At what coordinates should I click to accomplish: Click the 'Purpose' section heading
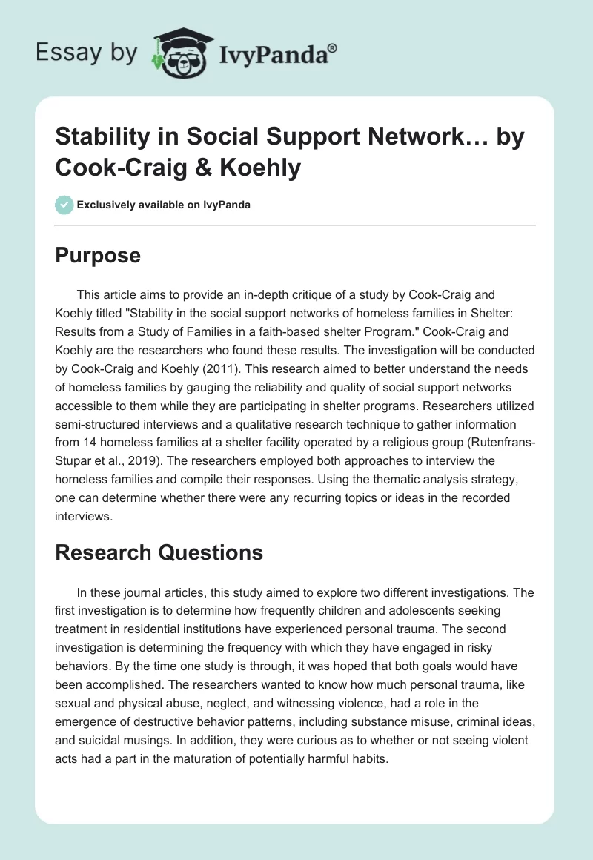click(x=97, y=255)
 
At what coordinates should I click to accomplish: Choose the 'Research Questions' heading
click(x=159, y=552)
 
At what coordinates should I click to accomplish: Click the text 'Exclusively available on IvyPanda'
click(x=163, y=205)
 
